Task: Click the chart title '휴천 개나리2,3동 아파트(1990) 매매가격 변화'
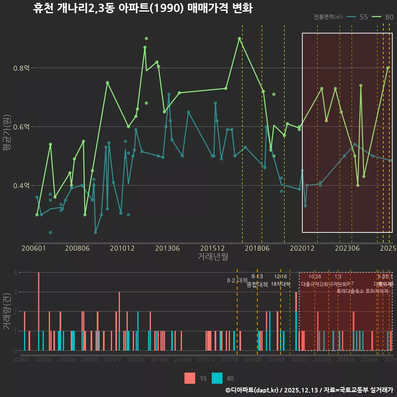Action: (x=143, y=8)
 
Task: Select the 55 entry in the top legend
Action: (x=364, y=17)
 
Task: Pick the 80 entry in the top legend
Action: (x=389, y=17)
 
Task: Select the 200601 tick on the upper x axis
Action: (x=33, y=249)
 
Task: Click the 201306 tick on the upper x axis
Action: (x=167, y=249)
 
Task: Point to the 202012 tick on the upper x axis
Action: (x=301, y=249)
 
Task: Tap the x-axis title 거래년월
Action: (x=213, y=257)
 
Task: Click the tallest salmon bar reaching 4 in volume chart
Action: (x=38, y=311)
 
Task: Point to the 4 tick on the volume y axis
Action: (x=15, y=273)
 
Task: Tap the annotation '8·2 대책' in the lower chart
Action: (x=237, y=280)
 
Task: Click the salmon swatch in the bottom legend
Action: (x=190, y=378)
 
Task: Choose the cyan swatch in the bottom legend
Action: (x=217, y=378)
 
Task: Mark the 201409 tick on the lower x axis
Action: (x=182, y=360)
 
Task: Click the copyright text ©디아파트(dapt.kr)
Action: (x=252, y=390)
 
